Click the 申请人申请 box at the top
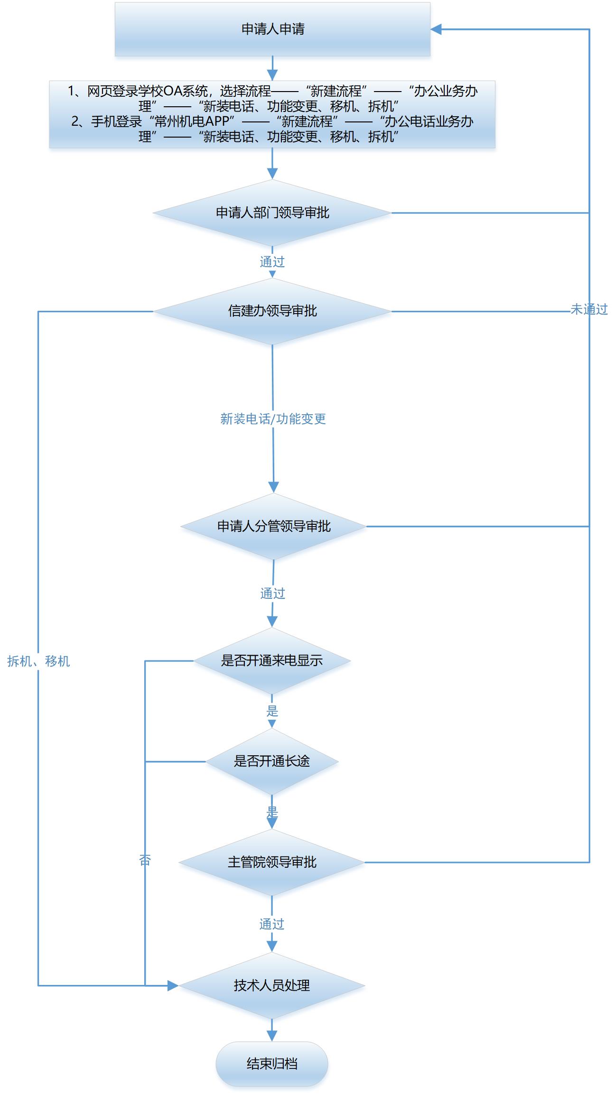tap(272, 29)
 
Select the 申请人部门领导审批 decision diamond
tap(272, 213)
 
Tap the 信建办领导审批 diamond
tap(272, 311)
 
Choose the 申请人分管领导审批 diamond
tap(274, 526)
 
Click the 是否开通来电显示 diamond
tap(272, 660)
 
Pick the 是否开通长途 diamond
tap(272, 761)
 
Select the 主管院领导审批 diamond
tap(272, 862)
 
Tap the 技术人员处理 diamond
tap(272, 985)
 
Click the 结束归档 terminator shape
tap(272, 1064)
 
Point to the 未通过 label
tap(589, 310)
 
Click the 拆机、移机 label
tap(39, 661)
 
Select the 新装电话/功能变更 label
tap(273, 418)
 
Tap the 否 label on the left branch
tap(145, 860)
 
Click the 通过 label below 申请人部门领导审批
tap(272, 262)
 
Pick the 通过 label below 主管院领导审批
tap(272, 924)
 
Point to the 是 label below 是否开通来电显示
tap(272, 711)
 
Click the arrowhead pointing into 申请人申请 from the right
tap(436, 29)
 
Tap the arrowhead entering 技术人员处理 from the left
tap(173, 985)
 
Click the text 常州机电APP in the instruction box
tap(192, 121)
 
